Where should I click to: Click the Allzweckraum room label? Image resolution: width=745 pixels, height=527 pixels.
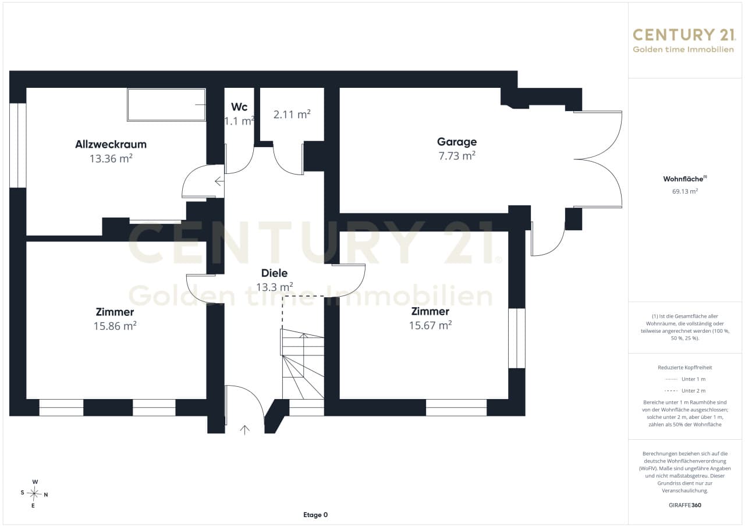pyautogui.click(x=111, y=144)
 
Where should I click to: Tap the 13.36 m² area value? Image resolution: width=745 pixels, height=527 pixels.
pyautogui.click(x=111, y=158)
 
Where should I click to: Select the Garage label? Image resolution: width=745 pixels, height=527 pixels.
pyautogui.click(x=457, y=142)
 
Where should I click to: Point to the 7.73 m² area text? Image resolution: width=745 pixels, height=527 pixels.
pyautogui.click(x=457, y=156)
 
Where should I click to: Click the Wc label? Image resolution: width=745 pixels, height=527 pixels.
pyautogui.click(x=239, y=107)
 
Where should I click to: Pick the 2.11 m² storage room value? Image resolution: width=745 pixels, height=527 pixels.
pyautogui.click(x=292, y=115)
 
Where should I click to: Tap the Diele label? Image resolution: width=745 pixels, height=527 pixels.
pyautogui.click(x=274, y=273)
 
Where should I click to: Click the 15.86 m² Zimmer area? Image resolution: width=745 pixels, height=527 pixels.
pyautogui.click(x=115, y=326)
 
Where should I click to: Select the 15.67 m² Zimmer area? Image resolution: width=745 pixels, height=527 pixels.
pyautogui.click(x=430, y=325)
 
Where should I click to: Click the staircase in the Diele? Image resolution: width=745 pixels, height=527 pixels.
pyautogui.click(x=303, y=364)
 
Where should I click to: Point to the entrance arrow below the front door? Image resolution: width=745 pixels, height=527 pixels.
pyautogui.click(x=245, y=430)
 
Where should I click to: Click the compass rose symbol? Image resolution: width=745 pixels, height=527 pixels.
pyautogui.click(x=34, y=494)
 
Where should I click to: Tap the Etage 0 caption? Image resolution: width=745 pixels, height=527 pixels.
pyautogui.click(x=315, y=515)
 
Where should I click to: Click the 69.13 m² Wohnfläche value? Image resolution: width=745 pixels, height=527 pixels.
pyautogui.click(x=685, y=191)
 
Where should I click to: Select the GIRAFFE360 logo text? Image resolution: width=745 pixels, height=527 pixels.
pyautogui.click(x=685, y=505)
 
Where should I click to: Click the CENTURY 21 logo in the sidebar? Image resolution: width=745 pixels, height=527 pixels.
pyautogui.click(x=684, y=41)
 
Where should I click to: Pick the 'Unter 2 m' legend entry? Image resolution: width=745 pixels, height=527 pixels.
pyautogui.click(x=685, y=391)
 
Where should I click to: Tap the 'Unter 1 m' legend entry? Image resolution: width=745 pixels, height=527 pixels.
pyautogui.click(x=685, y=379)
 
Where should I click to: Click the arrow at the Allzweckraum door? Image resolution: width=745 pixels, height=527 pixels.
pyautogui.click(x=219, y=181)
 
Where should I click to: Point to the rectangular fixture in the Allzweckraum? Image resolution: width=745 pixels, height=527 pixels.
pyautogui.click(x=166, y=105)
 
